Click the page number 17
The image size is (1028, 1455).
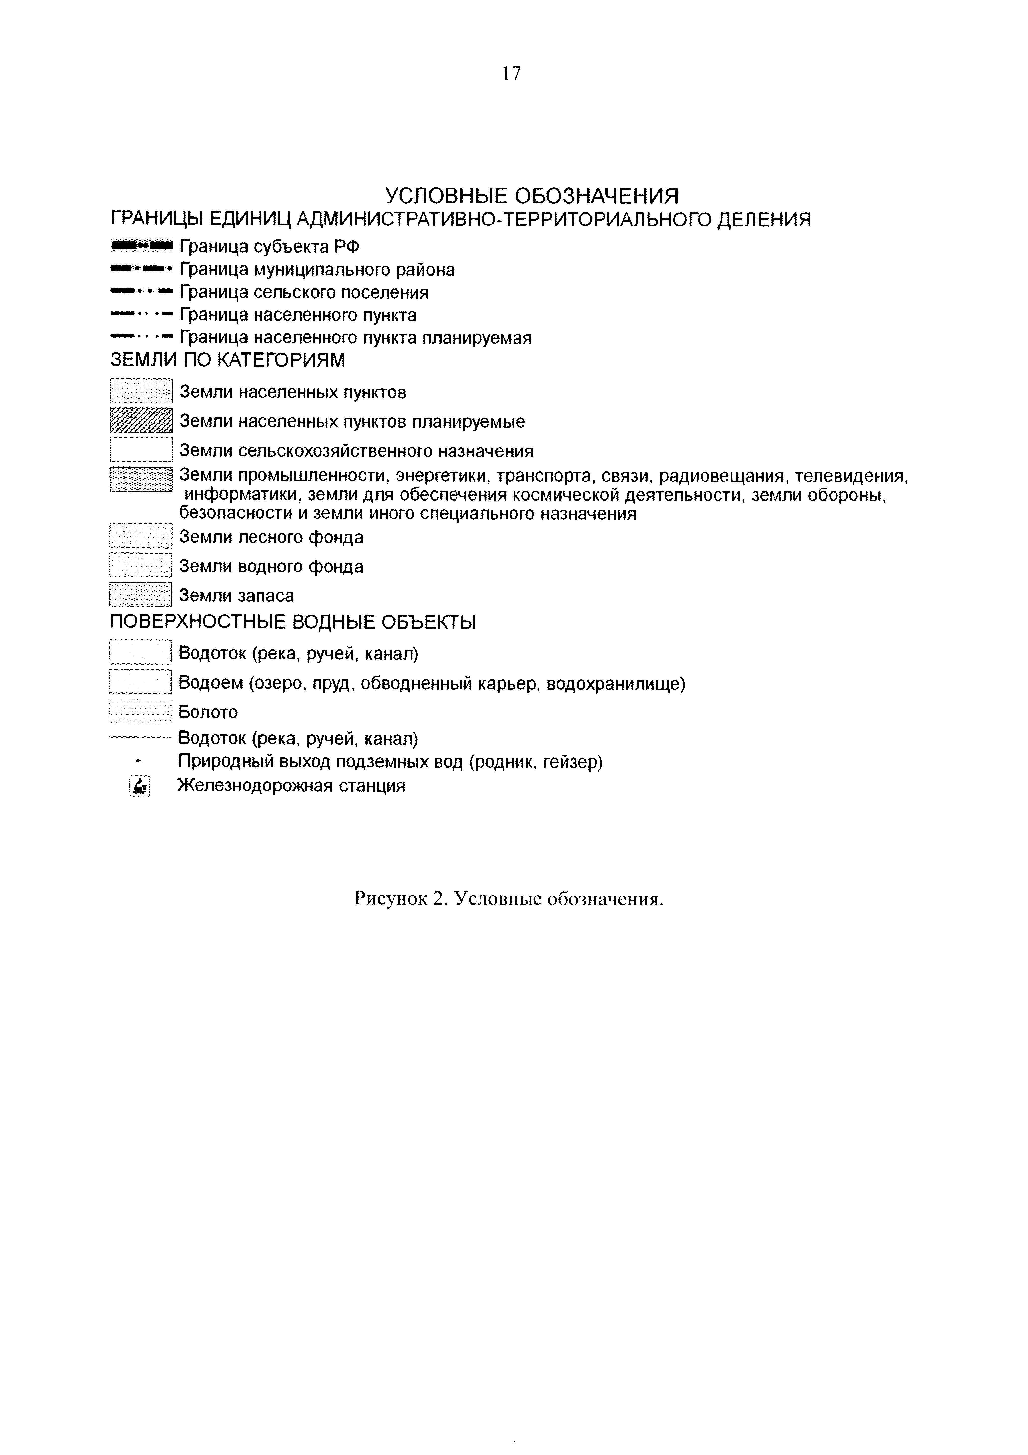pos(511,74)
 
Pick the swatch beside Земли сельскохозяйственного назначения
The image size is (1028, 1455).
pos(141,450)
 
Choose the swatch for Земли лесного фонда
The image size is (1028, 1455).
pos(141,536)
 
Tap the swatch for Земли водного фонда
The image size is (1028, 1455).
pos(141,565)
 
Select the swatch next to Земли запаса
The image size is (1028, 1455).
pos(141,594)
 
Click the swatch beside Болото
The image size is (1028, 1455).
pos(141,712)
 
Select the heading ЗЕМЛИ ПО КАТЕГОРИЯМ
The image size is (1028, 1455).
pos(228,361)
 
